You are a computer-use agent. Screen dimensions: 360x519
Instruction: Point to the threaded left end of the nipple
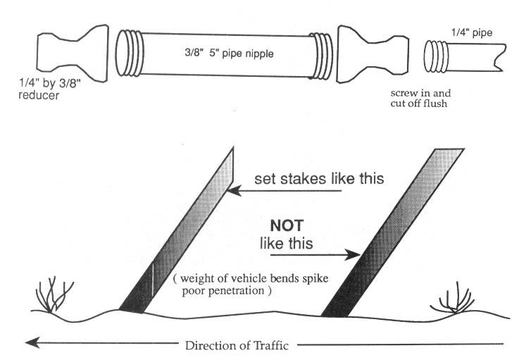pyautogui.click(x=127, y=52)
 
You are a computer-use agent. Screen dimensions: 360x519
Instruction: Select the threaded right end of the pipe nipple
pyautogui.click(x=321, y=53)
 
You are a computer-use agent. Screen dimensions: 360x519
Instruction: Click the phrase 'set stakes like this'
pyautogui.click(x=318, y=178)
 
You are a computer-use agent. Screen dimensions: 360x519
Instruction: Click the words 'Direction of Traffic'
pyautogui.click(x=242, y=345)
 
